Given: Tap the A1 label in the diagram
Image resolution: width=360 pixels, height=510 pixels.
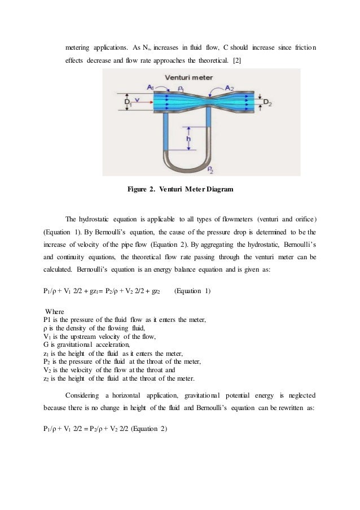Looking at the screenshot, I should coord(149,87).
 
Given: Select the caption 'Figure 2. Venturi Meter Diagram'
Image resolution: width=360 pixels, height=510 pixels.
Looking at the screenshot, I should coord(180,189).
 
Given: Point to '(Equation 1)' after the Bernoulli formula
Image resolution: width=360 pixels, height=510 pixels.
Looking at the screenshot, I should coord(192,291).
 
